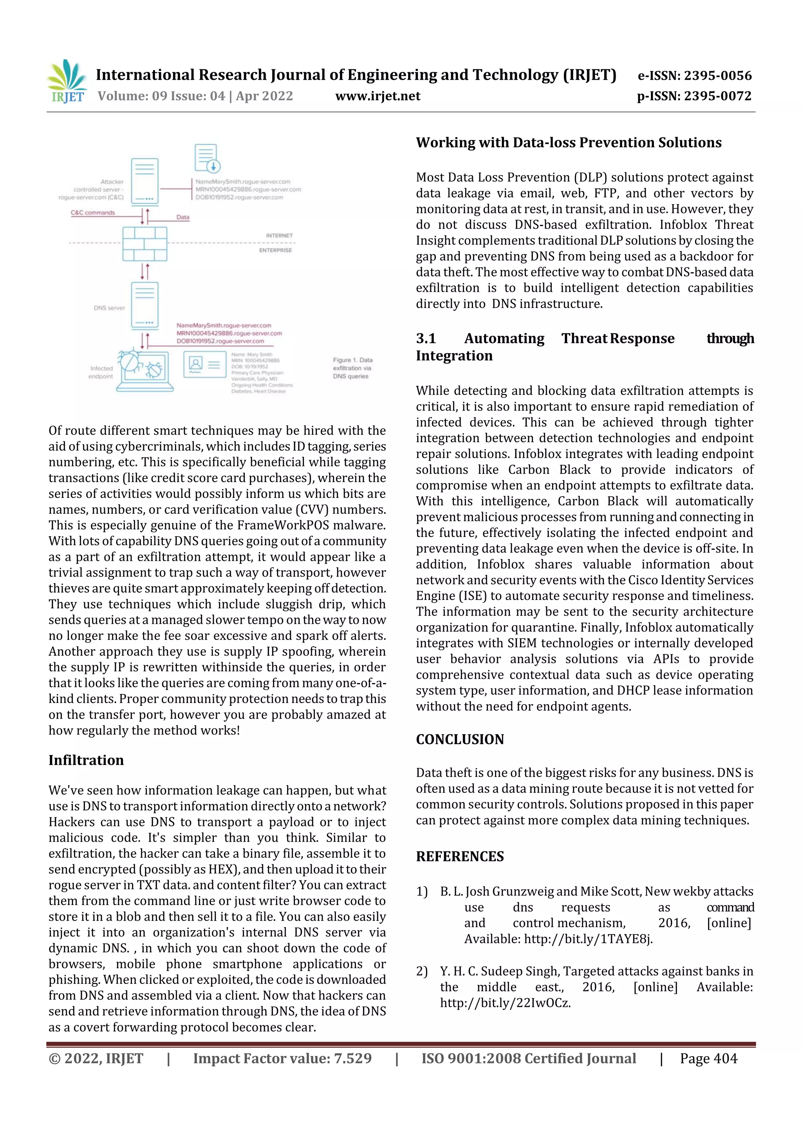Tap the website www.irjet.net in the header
378,96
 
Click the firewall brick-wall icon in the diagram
145,244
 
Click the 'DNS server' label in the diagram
109,308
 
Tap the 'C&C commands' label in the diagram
92,213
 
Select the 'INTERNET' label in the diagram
279,236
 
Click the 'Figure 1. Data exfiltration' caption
352,368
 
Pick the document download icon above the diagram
207,159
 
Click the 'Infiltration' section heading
86,760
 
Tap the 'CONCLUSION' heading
460,739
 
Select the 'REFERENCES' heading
460,857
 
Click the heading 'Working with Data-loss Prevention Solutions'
569,143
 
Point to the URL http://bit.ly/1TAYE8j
588,939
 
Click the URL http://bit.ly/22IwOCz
505,1003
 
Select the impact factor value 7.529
352,1059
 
